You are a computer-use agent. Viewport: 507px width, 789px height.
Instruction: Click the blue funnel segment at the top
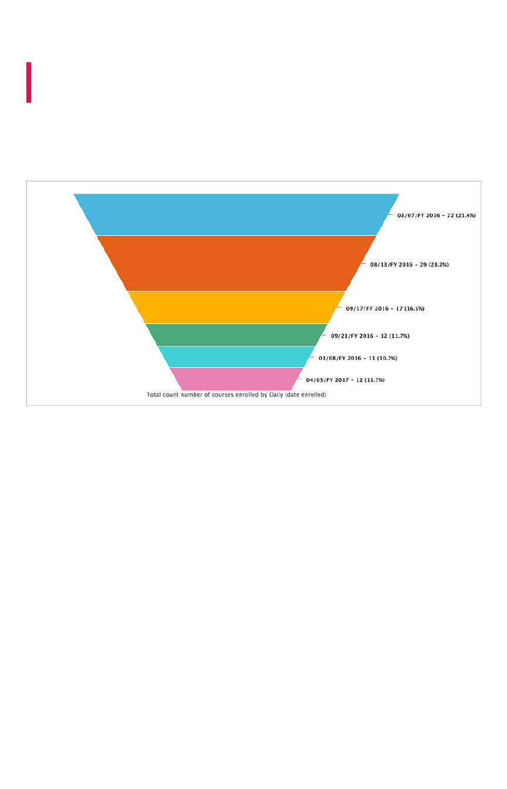(x=236, y=214)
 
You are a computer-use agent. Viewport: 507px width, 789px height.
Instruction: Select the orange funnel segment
(x=236, y=263)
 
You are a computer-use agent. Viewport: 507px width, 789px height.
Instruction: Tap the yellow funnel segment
(x=236, y=307)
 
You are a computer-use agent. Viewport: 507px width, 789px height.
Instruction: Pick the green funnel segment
(x=236, y=335)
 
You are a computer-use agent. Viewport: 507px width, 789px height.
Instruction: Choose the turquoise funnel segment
(x=236, y=357)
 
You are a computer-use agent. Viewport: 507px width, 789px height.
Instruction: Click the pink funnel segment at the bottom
(x=236, y=379)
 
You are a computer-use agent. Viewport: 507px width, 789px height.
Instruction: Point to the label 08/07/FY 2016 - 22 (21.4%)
(x=436, y=215)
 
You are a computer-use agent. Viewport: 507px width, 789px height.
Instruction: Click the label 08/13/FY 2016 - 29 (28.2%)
(x=409, y=265)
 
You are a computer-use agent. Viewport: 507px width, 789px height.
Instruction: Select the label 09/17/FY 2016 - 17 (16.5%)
(x=385, y=308)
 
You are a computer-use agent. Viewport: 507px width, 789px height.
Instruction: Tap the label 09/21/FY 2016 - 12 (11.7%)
(x=370, y=336)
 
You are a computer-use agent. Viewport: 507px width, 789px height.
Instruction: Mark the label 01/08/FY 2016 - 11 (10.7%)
(x=358, y=358)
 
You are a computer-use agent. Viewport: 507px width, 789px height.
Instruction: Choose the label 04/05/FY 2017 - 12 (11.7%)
(x=345, y=380)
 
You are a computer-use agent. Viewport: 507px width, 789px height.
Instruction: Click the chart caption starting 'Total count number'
(x=236, y=395)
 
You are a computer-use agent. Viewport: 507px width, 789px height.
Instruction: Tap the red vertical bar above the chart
(x=29, y=82)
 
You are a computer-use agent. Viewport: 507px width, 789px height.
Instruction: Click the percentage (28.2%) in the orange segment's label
(x=438, y=265)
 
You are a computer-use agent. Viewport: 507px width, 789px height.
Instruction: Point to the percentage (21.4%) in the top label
(x=465, y=215)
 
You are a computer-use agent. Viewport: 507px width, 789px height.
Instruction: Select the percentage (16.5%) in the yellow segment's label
(x=414, y=308)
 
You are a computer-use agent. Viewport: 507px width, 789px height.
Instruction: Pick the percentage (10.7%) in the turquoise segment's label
(x=387, y=358)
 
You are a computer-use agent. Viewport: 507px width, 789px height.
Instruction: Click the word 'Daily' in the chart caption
(x=276, y=395)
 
